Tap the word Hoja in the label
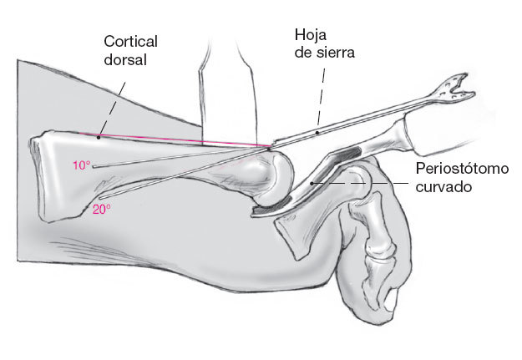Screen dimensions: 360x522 [x=309, y=35]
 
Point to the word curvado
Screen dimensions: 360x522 [x=443, y=187]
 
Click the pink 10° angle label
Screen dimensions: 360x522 [x=81, y=165]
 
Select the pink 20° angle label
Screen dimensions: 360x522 [x=102, y=210]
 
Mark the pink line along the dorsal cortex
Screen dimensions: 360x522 [x=184, y=139]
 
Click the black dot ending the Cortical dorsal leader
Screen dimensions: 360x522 [x=99, y=136]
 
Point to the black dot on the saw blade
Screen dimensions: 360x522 [x=317, y=131]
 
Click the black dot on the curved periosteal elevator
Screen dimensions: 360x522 [x=312, y=181]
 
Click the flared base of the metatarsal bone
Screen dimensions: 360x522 [x=50, y=180]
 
